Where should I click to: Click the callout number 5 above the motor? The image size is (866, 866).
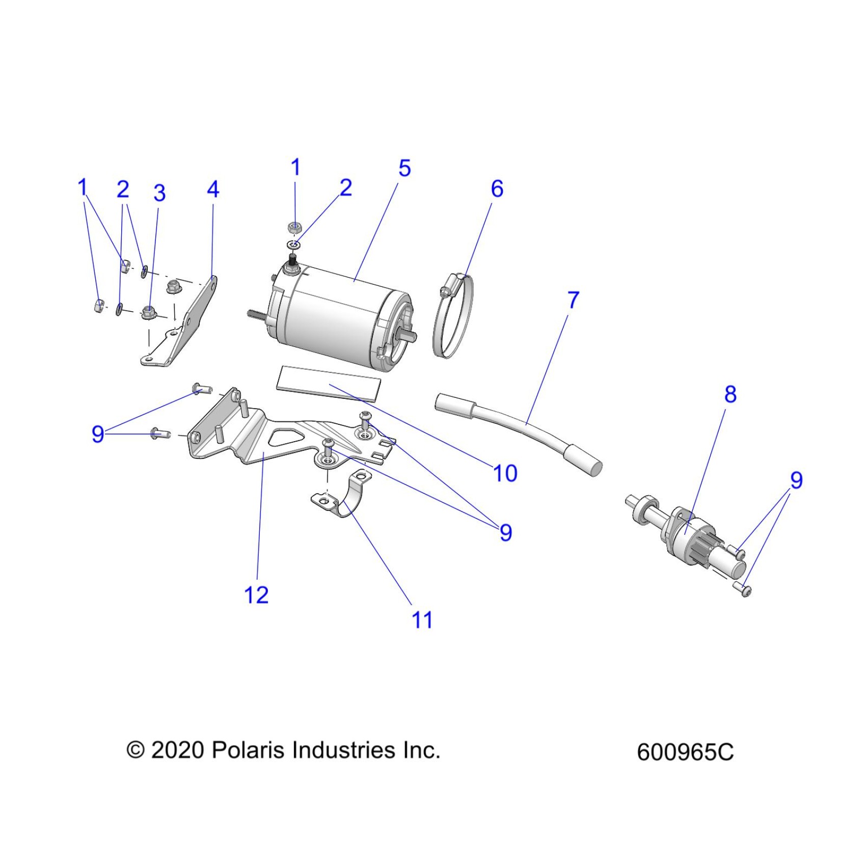pos(404,169)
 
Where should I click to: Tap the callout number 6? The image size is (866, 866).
pos(497,189)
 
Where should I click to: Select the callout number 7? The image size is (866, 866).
pos(573,300)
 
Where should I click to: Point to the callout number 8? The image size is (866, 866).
pos(730,394)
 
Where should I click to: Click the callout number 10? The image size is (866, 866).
pos(505,473)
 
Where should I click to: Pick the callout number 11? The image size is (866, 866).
pos(422,620)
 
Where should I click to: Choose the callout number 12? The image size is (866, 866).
pos(256,595)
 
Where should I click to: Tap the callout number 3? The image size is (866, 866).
pos(159,193)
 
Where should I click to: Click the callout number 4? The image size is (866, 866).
pos(213,190)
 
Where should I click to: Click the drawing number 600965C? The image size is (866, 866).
pos(685,752)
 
